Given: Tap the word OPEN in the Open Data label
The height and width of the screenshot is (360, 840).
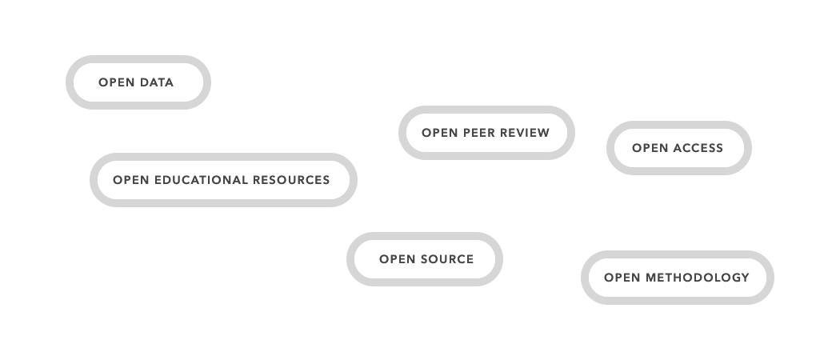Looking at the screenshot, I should click(x=116, y=82).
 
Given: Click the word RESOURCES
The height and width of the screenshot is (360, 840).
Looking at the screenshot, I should click(x=291, y=180).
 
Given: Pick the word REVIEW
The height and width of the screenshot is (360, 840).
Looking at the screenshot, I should click(x=526, y=133).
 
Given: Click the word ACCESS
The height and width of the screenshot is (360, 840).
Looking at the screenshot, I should click(x=698, y=148).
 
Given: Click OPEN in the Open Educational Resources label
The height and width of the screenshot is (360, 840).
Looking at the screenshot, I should click(x=130, y=180).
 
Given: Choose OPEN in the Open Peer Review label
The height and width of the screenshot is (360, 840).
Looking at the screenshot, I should click(x=439, y=133).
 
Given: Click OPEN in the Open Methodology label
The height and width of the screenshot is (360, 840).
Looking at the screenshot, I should click(x=622, y=278).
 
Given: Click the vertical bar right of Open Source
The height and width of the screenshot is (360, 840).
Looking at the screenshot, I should click(x=501, y=258).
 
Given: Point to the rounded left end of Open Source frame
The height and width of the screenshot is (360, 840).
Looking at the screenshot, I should click(x=350, y=258).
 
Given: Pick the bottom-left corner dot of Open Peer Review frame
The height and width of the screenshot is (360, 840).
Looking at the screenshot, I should click(x=405, y=153).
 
